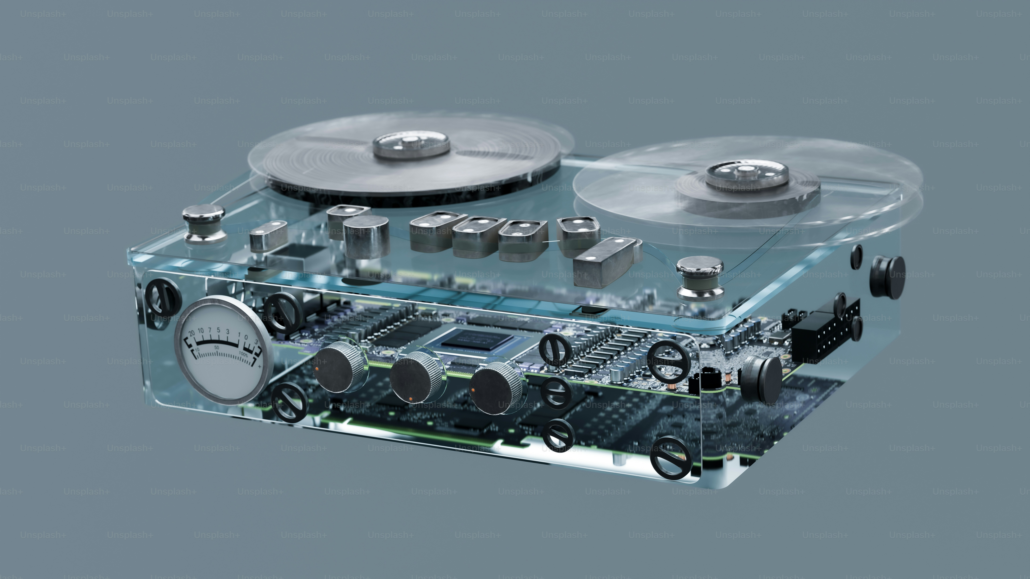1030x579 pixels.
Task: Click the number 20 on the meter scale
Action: tap(192, 332)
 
